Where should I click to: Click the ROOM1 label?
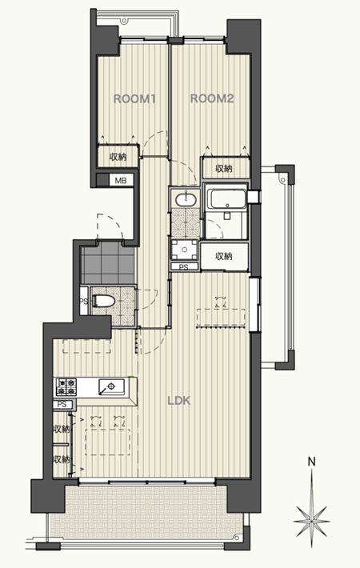(x=134, y=98)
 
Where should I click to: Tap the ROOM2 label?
(x=212, y=98)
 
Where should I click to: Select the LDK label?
(x=179, y=401)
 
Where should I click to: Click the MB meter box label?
(x=121, y=180)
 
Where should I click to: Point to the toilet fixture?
(x=103, y=300)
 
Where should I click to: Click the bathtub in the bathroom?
(x=226, y=198)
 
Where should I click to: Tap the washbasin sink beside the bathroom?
(x=186, y=199)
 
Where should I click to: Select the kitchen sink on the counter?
(x=111, y=386)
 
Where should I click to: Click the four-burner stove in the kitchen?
(x=66, y=387)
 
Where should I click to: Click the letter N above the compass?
(x=311, y=462)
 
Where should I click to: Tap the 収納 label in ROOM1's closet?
(x=118, y=157)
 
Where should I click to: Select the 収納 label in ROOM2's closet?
(x=224, y=168)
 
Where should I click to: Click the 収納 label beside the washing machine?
(x=224, y=256)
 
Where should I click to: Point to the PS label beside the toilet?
(x=84, y=301)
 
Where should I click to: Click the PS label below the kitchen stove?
(x=62, y=404)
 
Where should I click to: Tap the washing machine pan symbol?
(x=185, y=250)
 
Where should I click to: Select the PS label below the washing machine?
(x=184, y=267)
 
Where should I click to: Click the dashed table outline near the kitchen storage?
(x=107, y=442)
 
